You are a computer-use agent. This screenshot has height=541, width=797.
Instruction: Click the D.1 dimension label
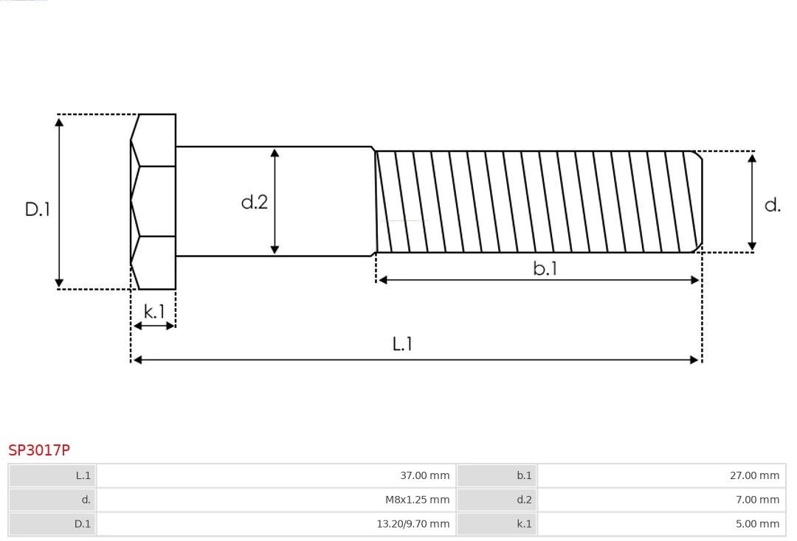click(x=38, y=209)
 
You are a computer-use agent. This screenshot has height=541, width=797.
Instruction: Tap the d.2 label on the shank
click(x=255, y=202)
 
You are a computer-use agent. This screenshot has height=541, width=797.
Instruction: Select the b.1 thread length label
click(x=545, y=268)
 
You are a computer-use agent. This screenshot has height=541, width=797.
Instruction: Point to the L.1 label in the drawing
click(x=402, y=343)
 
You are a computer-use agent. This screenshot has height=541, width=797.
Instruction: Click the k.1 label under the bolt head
click(x=154, y=312)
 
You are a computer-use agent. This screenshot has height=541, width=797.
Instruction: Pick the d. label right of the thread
click(x=772, y=205)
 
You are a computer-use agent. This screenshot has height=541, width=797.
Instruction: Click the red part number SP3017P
click(x=39, y=450)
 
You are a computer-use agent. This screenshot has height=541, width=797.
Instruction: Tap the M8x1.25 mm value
click(x=417, y=500)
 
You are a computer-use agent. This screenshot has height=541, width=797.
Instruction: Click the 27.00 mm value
click(x=754, y=475)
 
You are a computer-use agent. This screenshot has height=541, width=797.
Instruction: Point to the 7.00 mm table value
click(x=756, y=500)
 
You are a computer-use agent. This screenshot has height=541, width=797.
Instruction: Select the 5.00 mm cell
click(x=756, y=524)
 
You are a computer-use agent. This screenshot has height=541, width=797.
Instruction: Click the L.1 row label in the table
click(x=83, y=475)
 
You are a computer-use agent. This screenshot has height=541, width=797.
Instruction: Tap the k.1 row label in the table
click(x=524, y=524)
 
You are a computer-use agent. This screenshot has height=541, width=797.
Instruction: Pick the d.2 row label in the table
click(x=524, y=500)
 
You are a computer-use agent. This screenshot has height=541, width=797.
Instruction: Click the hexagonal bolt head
click(x=153, y=201)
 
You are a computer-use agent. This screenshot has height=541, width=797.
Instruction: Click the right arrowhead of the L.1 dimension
click(x=694, y=360)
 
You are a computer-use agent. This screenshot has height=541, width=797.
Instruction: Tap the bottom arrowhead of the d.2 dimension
click(x=275, y=249)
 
